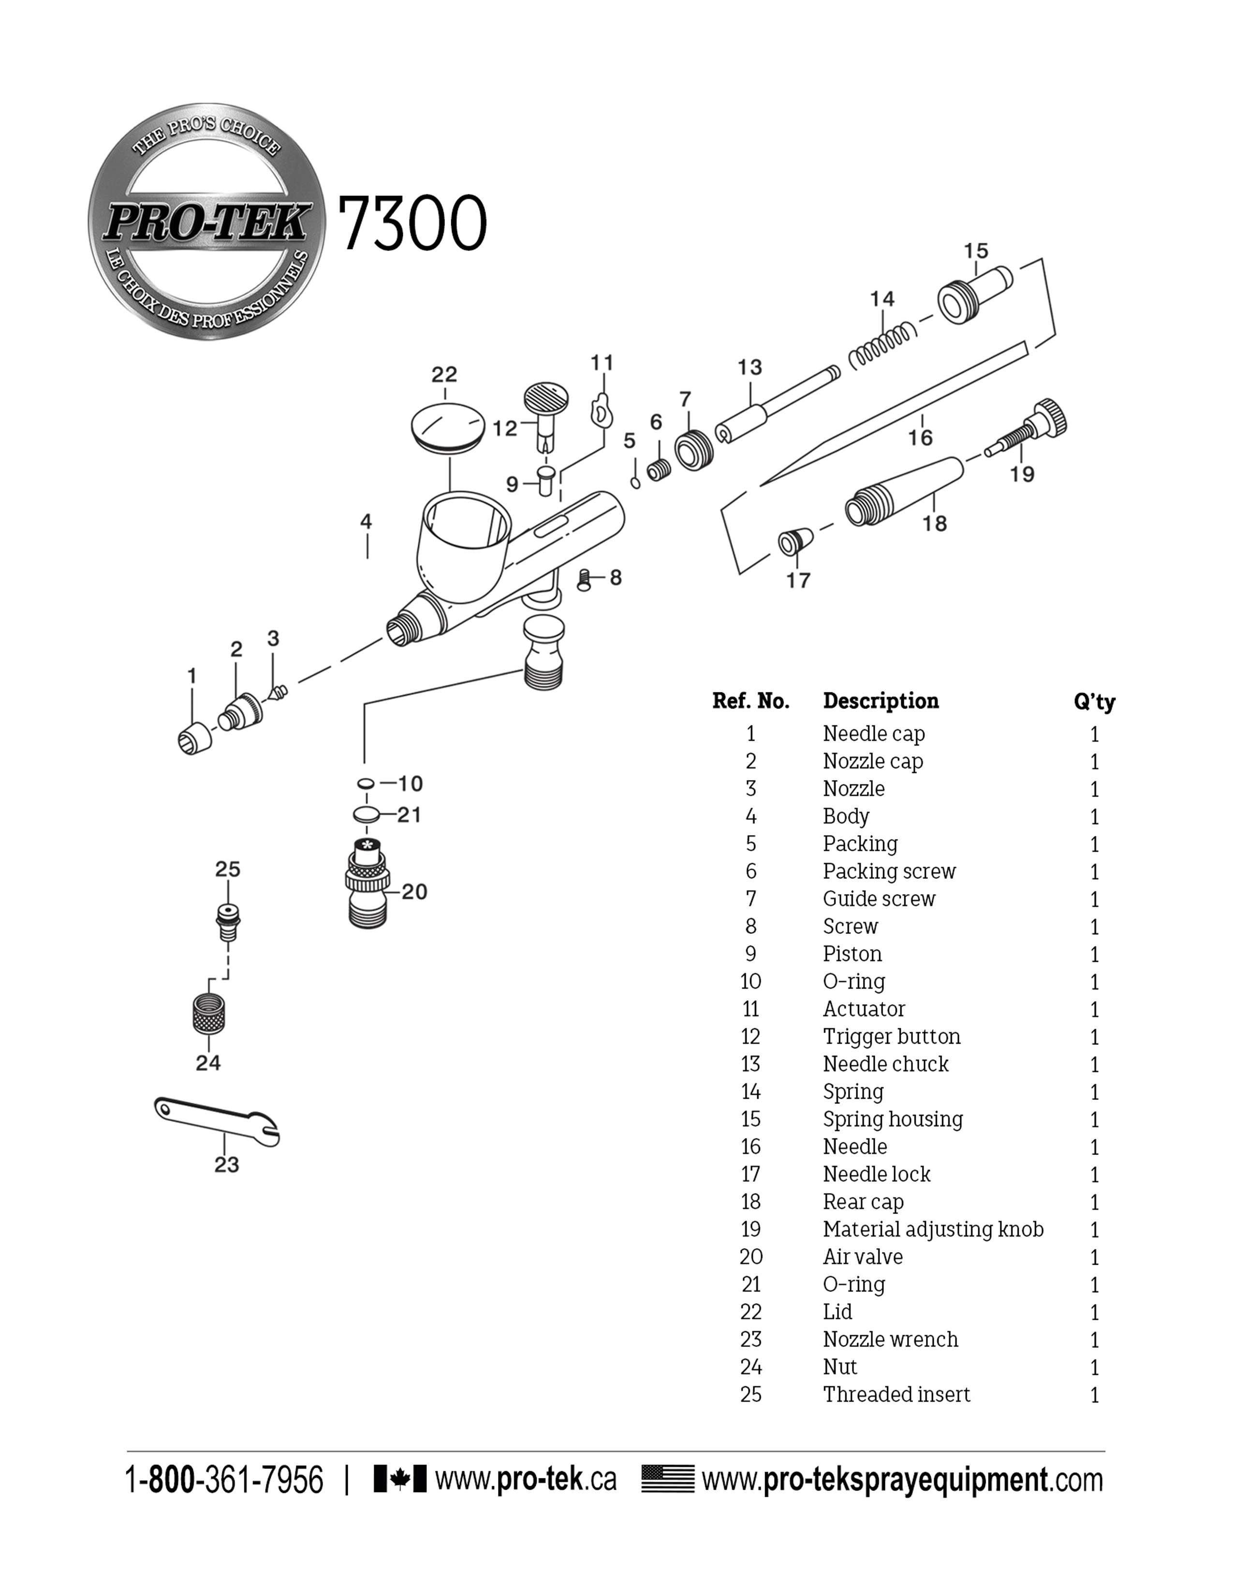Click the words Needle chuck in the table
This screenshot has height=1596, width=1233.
[885, 1064]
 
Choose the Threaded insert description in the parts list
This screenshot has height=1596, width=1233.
[896, 1394]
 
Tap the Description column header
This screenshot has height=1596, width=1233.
[880, 701]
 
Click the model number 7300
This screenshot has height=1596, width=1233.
[411, 223]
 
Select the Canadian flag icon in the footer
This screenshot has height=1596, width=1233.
[399, 1479]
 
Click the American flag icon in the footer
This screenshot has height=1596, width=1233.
[668, 1479]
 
